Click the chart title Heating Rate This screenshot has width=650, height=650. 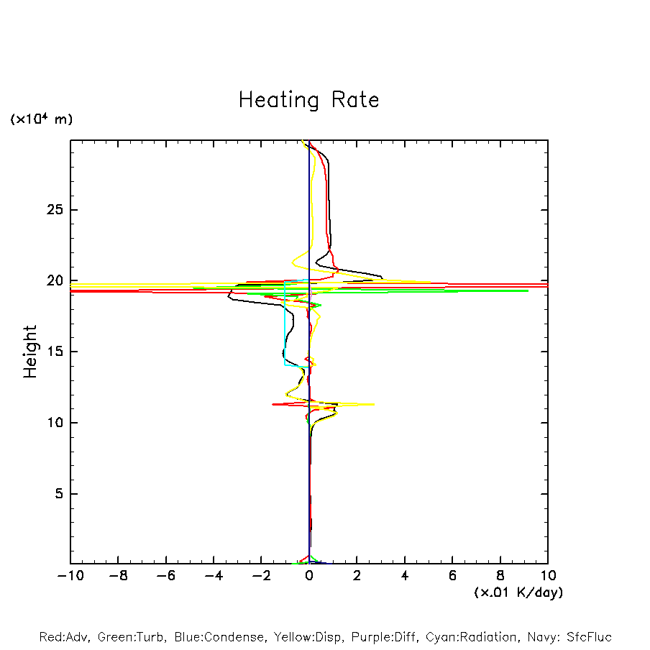(308, 99)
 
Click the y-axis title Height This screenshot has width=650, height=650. (30, 352)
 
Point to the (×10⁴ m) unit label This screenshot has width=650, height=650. (41, 119)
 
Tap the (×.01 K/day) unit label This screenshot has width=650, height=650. (518, 592)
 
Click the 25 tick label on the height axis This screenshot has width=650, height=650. (48, 210)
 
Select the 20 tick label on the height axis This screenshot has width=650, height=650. (48, 281)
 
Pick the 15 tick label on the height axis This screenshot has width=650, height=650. (48, 352)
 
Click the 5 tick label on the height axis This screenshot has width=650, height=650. (52, 494)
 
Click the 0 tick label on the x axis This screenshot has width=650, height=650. (309, 576)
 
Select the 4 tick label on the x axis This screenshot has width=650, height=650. (405, 576)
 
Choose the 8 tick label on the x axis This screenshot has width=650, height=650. (500, 576)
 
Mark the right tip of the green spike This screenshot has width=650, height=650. (528, 290)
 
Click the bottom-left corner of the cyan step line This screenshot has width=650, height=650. (285, 365)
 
